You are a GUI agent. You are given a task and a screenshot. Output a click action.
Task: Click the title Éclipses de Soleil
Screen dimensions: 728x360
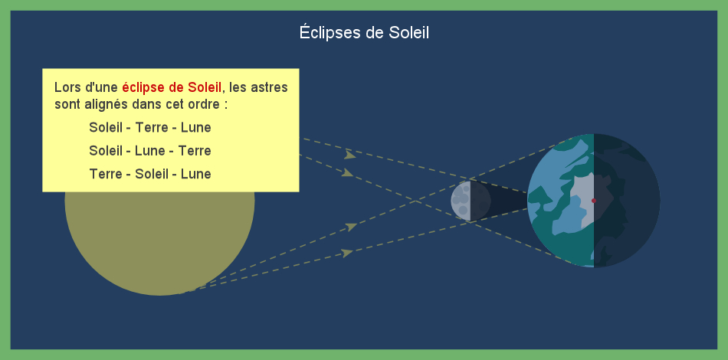(364, 33)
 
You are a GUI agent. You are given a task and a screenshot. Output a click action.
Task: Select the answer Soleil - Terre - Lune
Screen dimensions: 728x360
(150, 128)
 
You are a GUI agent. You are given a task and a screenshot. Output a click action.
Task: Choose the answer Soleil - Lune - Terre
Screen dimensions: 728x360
(150, 151)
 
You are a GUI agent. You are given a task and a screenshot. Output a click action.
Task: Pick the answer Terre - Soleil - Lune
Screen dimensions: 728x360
(150, 174)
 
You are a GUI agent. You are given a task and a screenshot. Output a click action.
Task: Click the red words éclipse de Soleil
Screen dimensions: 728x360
(172, 87)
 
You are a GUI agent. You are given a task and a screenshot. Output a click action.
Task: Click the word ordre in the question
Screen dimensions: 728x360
(205, 104)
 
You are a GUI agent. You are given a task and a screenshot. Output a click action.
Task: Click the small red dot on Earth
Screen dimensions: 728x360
(594, 201)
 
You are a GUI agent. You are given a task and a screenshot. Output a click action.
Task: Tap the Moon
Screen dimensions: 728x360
(471, 201)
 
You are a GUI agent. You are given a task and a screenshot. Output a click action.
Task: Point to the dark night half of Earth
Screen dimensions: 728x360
(627, 201)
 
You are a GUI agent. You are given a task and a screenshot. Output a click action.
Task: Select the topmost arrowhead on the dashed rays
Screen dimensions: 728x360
(350, 155)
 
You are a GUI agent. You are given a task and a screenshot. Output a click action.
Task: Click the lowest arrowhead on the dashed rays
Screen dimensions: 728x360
(347, 254)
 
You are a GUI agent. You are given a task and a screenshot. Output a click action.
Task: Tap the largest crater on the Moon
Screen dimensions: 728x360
(463, 198)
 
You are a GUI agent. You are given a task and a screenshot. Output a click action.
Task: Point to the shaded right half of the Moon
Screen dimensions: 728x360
(481, 201)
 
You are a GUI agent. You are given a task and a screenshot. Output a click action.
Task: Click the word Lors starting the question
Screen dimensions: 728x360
(64, 87)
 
